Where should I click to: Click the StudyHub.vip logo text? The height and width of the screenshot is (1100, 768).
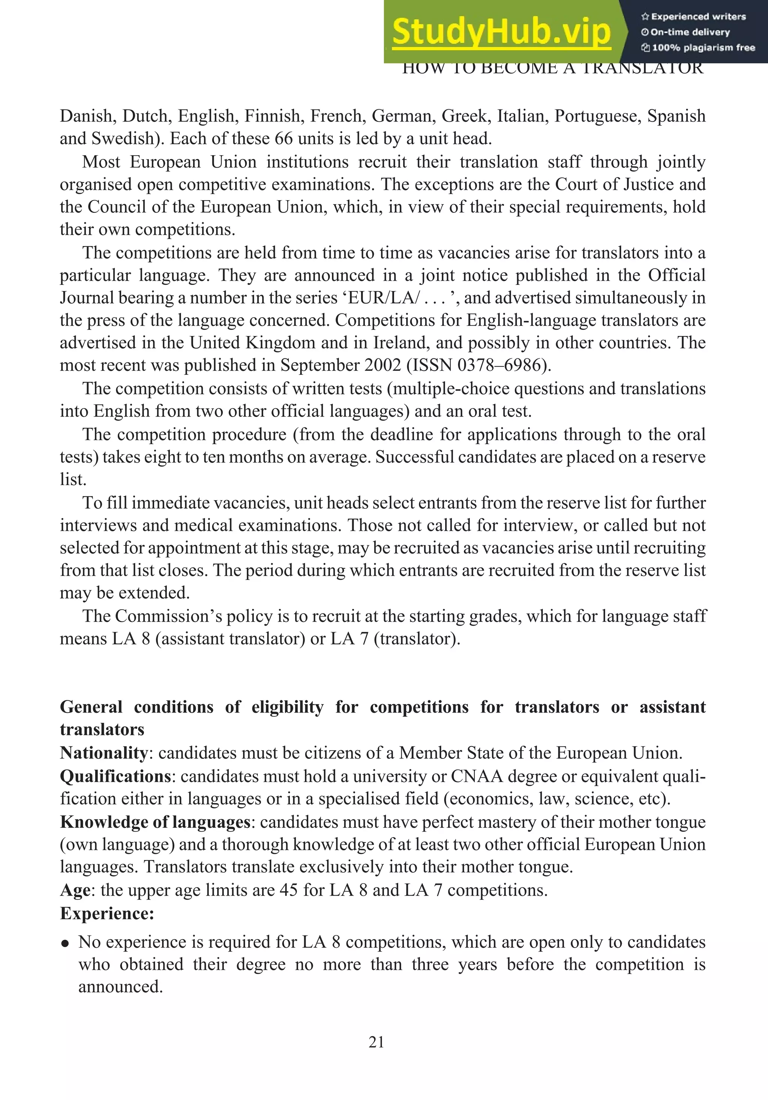coord(501,32)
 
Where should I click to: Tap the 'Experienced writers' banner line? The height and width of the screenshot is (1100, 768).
coord(693,17)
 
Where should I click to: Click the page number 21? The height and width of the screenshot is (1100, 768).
coord(376,1042)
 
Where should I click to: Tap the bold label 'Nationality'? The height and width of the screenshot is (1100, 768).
coord(103,753)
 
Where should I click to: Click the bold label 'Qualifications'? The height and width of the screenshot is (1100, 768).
coord(115,776)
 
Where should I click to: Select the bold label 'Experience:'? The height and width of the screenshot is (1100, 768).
coord(107,913)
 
